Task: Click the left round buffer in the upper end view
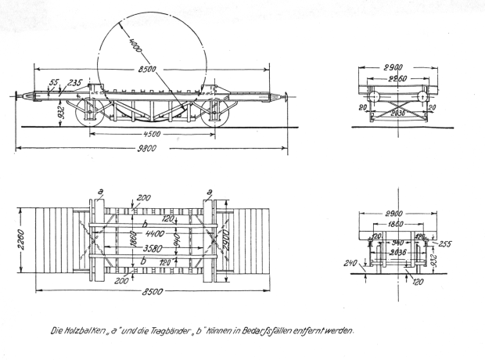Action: click(373, 96)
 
